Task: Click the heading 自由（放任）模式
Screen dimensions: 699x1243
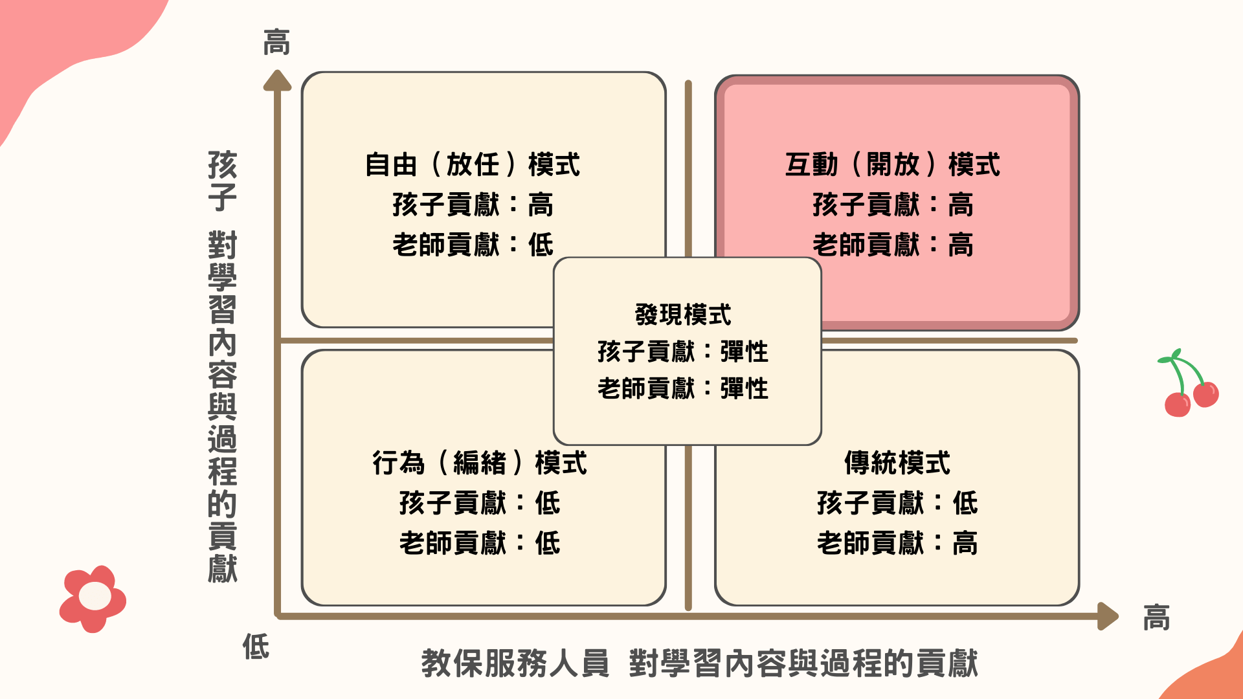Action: point(472,164)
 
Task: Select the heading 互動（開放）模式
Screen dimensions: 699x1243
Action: point(892,164)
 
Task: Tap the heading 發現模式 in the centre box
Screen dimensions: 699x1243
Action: point(683,315)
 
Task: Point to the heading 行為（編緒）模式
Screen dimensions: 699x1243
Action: point(480,463)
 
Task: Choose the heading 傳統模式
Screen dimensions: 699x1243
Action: point(897,463)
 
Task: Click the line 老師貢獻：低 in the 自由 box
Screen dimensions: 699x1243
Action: point(472,245)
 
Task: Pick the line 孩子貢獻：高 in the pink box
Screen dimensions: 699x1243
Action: point(892,205)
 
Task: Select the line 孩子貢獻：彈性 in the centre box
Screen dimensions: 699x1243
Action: point(683,352)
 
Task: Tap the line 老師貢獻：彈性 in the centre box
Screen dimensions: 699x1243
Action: point(683,389)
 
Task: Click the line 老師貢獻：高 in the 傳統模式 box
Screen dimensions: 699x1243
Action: point(897,543)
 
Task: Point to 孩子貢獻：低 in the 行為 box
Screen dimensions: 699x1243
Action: point(480,503)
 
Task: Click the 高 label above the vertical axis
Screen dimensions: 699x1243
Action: point(276,43)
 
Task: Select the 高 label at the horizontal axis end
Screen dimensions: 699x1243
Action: point(1156,617)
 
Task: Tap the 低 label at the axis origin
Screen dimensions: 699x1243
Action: point(256,646)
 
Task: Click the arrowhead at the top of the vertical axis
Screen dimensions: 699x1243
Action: point(277,80)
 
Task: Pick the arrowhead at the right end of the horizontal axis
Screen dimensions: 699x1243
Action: point(1108,616)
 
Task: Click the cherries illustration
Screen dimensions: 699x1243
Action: point(1190,386)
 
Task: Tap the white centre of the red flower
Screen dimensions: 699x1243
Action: point(95,596)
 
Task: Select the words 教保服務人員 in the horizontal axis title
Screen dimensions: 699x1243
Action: point(515,663)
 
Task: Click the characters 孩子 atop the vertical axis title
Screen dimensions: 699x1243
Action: point(222,181)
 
